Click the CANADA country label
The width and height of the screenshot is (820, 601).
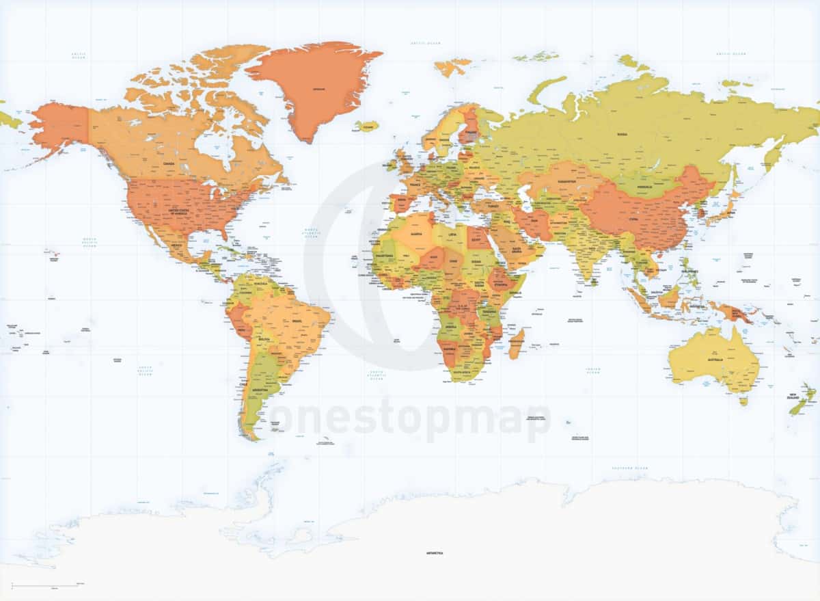[168, 164]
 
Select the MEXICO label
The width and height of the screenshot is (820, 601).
[176, 244]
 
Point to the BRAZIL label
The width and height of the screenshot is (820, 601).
[296, 321]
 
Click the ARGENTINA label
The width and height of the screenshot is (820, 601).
[260, 390]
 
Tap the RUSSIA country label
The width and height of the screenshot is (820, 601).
[622, 135]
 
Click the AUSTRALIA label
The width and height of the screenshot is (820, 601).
[715, 360]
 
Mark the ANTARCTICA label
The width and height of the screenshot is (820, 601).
[435, 552]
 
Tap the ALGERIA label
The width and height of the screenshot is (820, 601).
[415, 233]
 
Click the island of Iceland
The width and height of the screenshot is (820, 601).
[367, 126]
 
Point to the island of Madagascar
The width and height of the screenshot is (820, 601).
[517, 343]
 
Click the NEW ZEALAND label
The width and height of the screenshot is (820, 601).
[793, 396]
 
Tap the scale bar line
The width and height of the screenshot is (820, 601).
[48, 585]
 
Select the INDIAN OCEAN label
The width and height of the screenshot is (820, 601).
[592, 371]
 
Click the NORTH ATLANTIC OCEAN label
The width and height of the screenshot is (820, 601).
[311, 233]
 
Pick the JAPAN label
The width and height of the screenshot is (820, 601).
[730, 212]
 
